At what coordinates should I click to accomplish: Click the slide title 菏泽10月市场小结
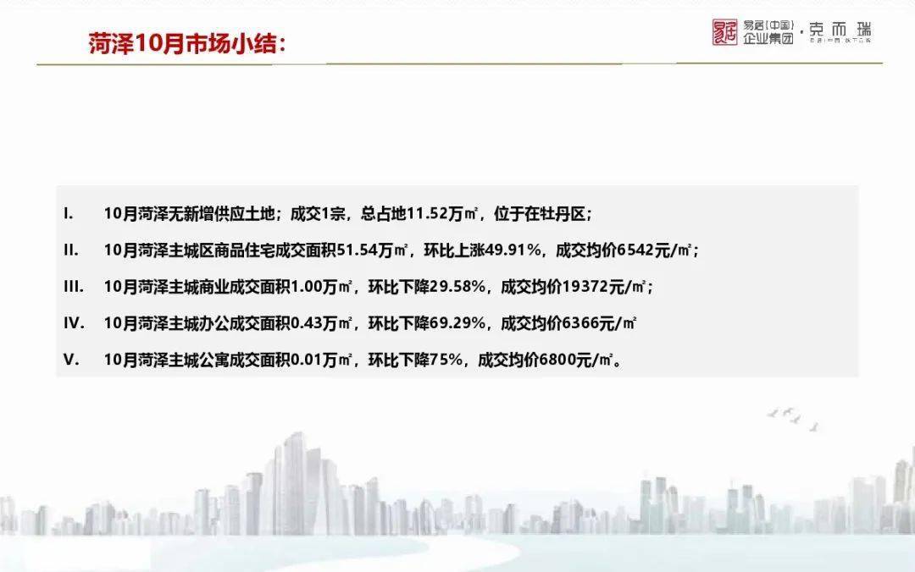[181, 43]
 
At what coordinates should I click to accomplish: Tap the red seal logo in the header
[724, 32]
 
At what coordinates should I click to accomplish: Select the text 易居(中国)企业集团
[768, 32]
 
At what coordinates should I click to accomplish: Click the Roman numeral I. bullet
[69, 213]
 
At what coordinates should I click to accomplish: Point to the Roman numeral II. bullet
[70, 250]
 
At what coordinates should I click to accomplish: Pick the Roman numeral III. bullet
[73, 286]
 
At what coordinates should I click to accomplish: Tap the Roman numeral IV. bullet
[74, 322]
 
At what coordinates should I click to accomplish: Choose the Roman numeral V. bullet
[71, 359]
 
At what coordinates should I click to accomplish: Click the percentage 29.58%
[457, 286]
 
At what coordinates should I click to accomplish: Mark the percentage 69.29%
[457, 322]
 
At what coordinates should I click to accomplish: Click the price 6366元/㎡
[596, 322]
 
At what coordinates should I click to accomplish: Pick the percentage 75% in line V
[446, 359]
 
